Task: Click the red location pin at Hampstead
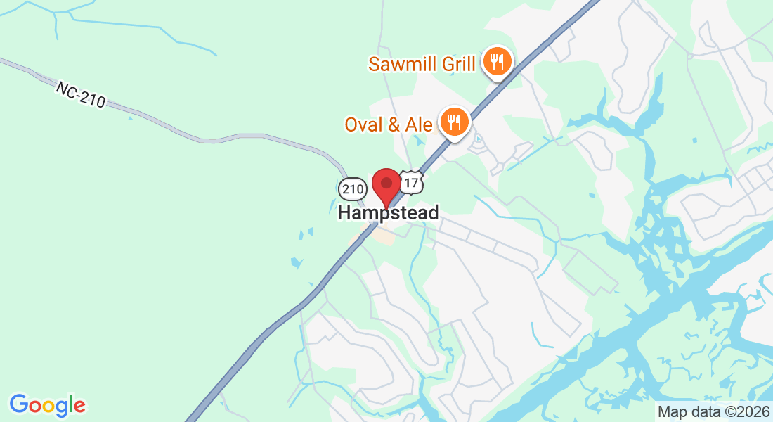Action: click(x=386, y=185)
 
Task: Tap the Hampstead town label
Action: click(x=388, y=212)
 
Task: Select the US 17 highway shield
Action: click(x=412, y=183)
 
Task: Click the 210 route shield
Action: click(x=352, y=188)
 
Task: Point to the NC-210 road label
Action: click(x=80, y=94)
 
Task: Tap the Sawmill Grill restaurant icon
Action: click(x=497, y=62)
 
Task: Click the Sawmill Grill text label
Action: click(x=422, y=65)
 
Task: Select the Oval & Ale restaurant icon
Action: click(x=455, y=122)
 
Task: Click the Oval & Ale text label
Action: click(x=389, y=124)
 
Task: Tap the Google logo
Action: click(x=47, y=405)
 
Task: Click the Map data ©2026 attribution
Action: click(x=713, y=411)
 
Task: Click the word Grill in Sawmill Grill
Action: click(x=458, y=65)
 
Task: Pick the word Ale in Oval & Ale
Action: click(x=420, y=124)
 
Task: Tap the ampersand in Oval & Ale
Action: click(x=394, y=124)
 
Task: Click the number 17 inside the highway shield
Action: click(x=412, y=184)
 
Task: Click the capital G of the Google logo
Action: click(x=18, y=404)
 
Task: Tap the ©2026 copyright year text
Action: click(x=743, y=411)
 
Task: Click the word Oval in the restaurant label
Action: click(x=363, y=124)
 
